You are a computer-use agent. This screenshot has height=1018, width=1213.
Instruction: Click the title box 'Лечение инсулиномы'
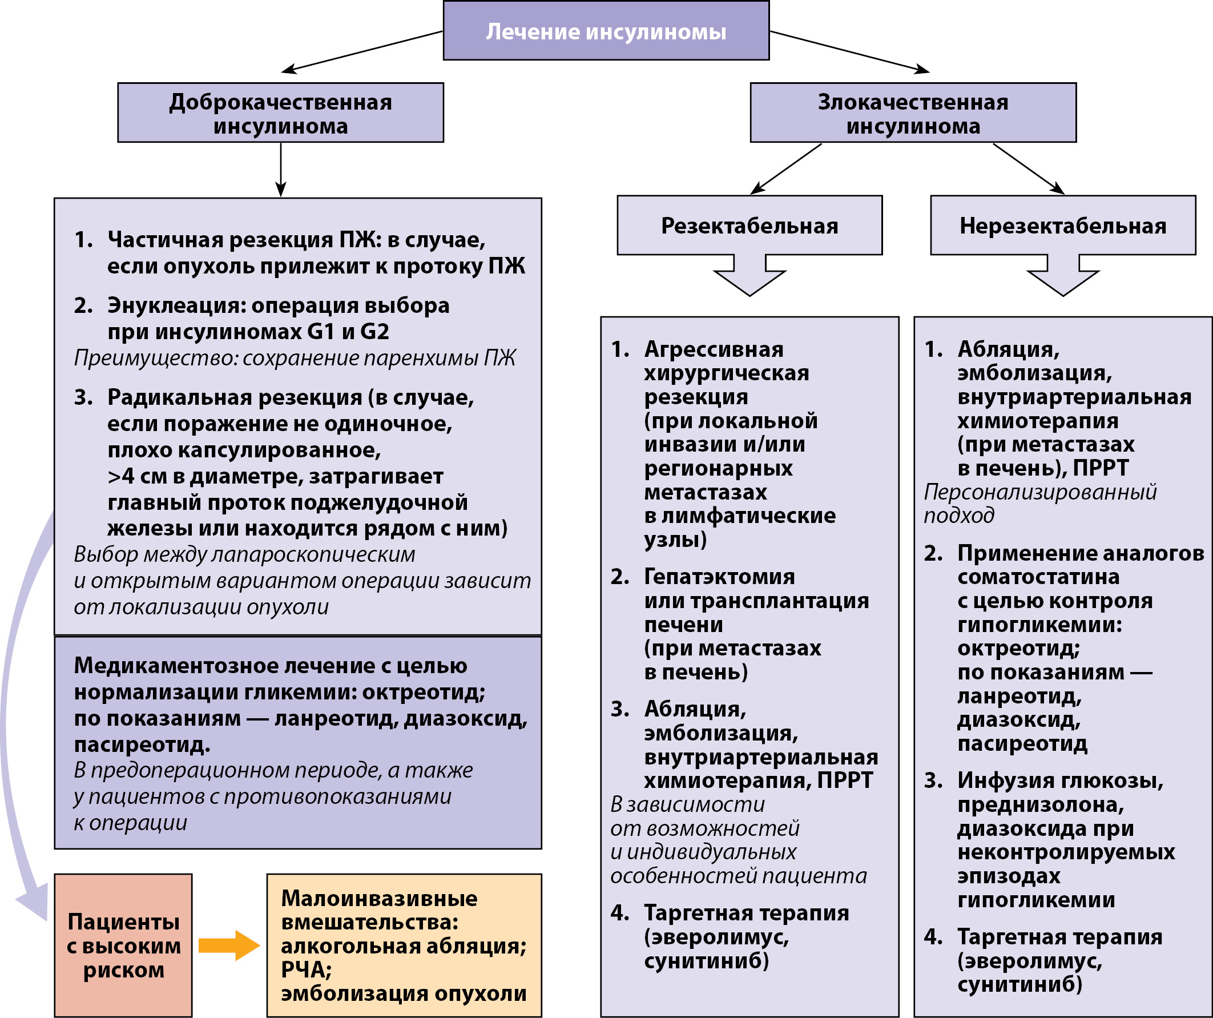pos(606,31)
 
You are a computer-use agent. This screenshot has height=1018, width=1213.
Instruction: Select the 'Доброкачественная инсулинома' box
pos(280,113)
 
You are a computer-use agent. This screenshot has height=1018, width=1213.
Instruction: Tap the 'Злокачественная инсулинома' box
pos(913,113)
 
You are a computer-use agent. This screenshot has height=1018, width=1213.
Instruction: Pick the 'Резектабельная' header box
pos(749,226)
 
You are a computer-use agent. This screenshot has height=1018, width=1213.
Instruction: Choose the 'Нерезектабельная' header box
pos(1062,226)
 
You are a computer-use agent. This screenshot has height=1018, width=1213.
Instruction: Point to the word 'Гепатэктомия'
pos(719,577)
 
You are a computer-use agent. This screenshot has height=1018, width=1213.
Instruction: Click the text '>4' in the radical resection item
pos(120,476)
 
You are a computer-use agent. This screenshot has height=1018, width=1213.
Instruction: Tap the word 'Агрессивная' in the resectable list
pos(714,349)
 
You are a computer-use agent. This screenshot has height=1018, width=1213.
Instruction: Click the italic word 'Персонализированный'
pos(1040,492)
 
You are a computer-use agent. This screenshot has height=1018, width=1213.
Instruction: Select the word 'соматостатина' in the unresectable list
pos(1038,577)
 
